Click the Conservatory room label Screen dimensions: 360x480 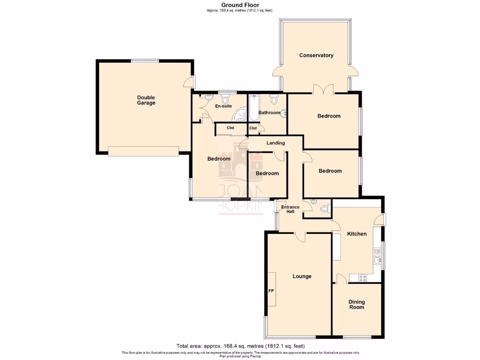pos(316,55)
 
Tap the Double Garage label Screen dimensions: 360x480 pos(146,100)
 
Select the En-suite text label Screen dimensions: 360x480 pos(223,106)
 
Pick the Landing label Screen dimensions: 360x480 pos(275,143)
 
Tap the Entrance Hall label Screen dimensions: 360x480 pos(290,210)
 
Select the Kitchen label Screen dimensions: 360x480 pos(356,233)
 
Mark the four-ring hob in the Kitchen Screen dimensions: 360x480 pos(363,277)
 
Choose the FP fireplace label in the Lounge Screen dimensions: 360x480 pos(271,291)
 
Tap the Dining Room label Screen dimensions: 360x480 pos(356,305)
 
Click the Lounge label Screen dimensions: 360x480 pos(302,277)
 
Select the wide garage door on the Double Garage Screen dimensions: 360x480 pos(143,150)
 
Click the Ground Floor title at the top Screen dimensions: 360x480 pos(240,5)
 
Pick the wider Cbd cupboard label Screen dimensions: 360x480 pos(230,128)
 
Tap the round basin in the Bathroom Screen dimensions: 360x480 pos(284,112)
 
